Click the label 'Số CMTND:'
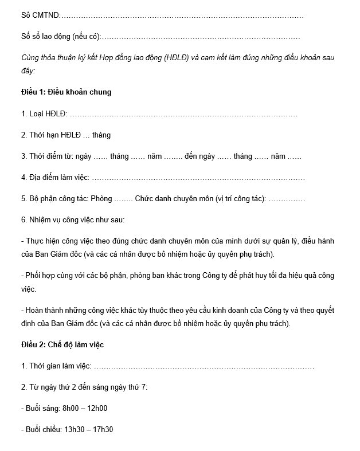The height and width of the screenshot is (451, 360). [x=40, y=15]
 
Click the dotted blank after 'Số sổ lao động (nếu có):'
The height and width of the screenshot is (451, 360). [x=201, y=37]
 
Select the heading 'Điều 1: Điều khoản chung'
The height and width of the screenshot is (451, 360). [x=66, y=92]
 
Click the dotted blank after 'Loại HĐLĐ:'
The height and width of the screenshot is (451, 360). [x=183, y=113]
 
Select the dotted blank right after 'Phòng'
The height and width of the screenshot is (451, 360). [x=123, y=199]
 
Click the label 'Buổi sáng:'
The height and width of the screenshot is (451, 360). [x=43, y=409]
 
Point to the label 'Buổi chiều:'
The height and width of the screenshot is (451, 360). [x=44, y=429]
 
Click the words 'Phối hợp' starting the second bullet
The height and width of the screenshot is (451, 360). [x=39, y=275]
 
